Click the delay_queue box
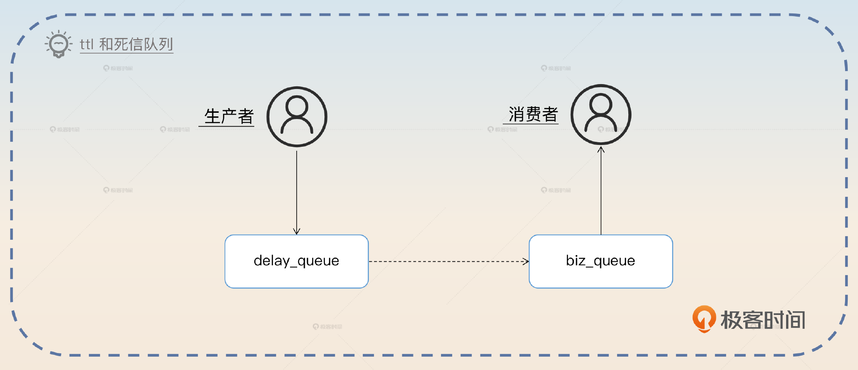pos(296,261)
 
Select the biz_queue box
pos(601,261)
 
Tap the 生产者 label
pos(229,116)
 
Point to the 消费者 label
pos(533,115)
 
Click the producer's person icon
pos(297,117)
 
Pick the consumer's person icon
pos(601,115)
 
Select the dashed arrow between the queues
pos(448,261)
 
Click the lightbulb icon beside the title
pos(58,44)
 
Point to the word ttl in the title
pos(86,44)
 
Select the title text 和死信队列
pos(136,44)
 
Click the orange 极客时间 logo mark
pos(704,319)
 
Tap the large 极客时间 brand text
pos(763,320)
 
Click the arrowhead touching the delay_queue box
pos(297,231)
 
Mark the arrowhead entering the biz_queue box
pos(526,261)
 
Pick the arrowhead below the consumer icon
pos(601,150)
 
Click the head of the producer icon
pos(297,106)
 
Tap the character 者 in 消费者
pos(550,115)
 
